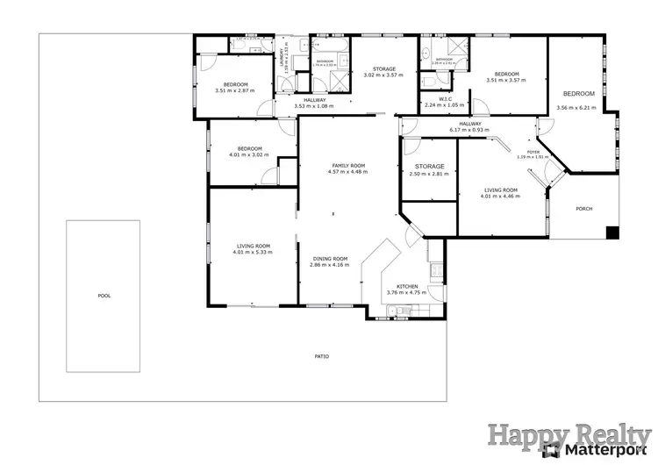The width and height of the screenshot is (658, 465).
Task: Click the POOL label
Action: [x=104, y=296]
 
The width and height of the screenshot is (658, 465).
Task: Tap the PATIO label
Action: [x=322, y=355]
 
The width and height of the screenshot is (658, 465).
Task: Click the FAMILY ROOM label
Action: [x=347, y=165]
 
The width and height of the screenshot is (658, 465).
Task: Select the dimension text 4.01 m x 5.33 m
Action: [x=253, y=253]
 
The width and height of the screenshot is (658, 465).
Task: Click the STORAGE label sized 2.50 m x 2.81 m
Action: [x=429, y=166]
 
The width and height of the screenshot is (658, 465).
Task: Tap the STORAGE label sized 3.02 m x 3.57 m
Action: [x=383, y=68]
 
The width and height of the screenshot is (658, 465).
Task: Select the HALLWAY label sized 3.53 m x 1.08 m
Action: [x=314, y=100]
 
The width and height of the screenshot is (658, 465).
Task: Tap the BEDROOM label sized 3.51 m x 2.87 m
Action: [x=234, y=83]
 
